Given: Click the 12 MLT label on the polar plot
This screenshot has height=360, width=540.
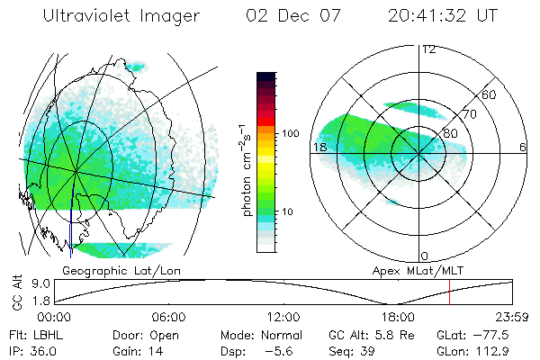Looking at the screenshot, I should click(428, 49).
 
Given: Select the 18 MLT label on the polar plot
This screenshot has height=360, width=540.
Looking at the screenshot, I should click(319, 147).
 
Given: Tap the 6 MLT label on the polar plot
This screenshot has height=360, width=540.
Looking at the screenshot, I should click(523, 147).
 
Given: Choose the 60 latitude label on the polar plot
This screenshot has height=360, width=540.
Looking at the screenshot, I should click(490, 94).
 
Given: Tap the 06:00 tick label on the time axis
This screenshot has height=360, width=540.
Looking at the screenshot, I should click(168, 317).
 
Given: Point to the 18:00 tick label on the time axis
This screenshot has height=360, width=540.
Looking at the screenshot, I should click(398, 317).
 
